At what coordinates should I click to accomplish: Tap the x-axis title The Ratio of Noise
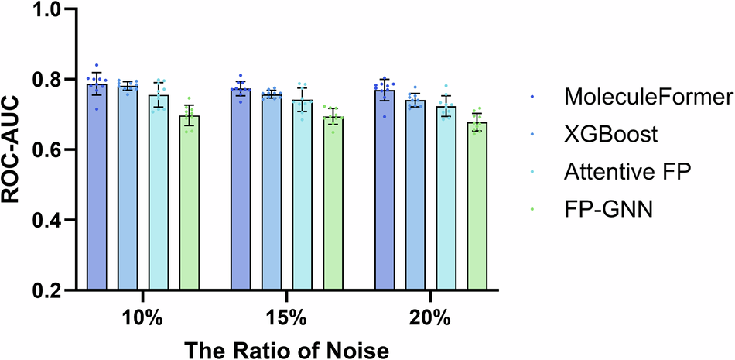(286, 348)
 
